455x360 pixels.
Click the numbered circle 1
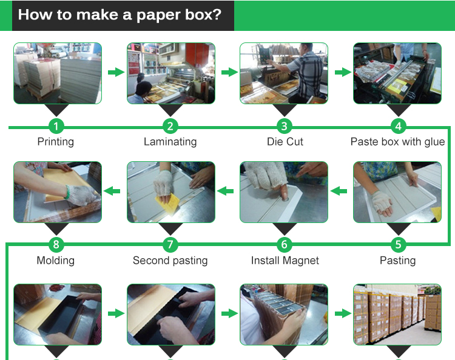[56, 127]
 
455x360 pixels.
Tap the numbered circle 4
[399, 127]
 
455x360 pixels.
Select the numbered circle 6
[285, 244]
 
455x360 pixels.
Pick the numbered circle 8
[56, 244]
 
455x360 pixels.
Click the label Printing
[56, 142]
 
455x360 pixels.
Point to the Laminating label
[170, 141]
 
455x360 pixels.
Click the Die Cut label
[285, 141]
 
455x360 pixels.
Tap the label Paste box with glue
[397, 141]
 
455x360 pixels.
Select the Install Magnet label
[285, 260]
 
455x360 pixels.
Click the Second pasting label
[170, 260]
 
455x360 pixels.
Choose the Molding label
[56, 260]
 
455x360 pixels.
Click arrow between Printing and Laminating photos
[116, 72]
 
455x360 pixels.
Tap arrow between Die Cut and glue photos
[343, 72]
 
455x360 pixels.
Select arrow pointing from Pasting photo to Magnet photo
[339, 191]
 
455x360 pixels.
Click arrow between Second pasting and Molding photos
[112, 191]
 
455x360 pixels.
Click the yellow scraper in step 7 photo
[167, 202]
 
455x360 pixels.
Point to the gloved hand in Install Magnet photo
[266, 176]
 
